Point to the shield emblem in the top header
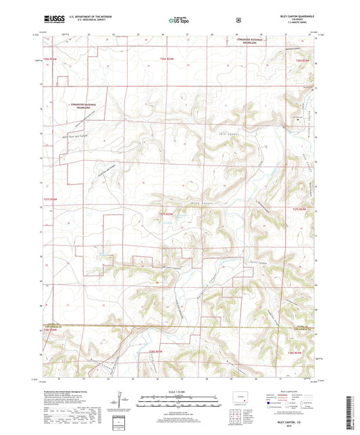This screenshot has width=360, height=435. coord(238,20)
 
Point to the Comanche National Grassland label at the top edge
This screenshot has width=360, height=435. coord(246,41)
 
